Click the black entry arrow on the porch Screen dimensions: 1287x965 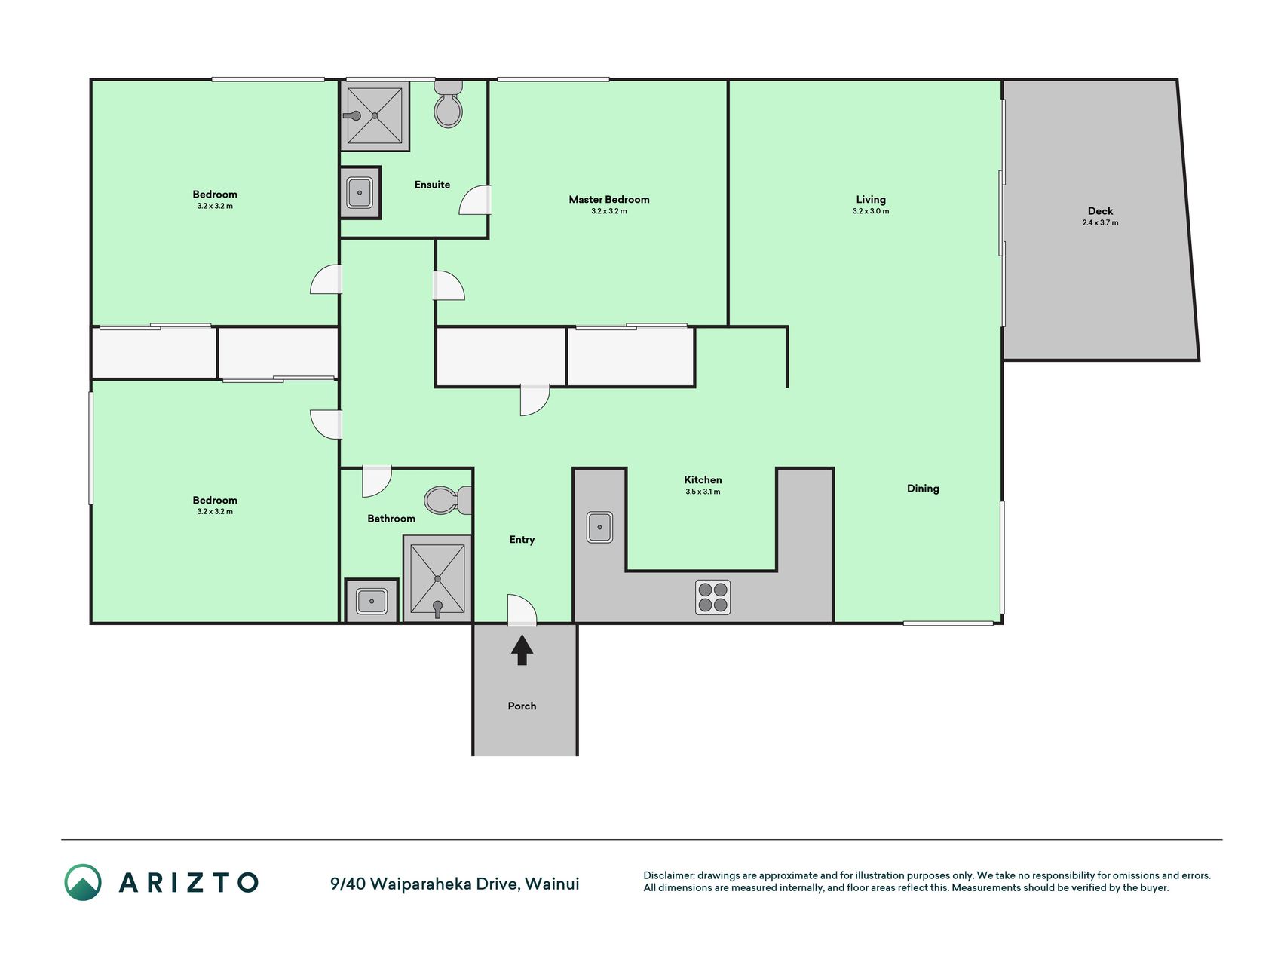(522, 650)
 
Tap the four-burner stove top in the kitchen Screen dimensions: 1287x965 (712, 597)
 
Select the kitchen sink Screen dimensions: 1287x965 (600, 527)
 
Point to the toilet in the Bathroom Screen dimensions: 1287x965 (448, 500)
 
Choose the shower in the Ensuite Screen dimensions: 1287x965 (375, 115)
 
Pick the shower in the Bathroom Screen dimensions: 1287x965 (437, 578)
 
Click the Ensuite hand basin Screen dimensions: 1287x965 (360, 193)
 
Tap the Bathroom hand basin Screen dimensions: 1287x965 (372, 601)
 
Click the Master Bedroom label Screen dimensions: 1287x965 (609, 200)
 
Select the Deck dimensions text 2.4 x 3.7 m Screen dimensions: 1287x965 (1100, 222)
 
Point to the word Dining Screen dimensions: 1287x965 (923, 489)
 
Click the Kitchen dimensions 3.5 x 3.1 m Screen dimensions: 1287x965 (703, 492)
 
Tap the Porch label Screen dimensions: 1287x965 (522, 706)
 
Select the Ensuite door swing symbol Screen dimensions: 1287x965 (475, 200)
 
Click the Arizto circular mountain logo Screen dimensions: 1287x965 (83, 882)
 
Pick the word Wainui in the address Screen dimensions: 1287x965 (552, 884)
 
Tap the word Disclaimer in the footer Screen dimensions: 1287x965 (669, 875)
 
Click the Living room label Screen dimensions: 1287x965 (871, 200)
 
